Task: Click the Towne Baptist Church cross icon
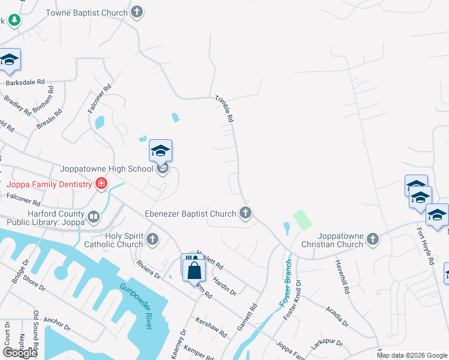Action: (137, 12)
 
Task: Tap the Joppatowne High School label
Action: (107, 169)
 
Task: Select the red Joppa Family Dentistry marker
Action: (101, 184)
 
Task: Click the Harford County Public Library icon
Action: (93, 217)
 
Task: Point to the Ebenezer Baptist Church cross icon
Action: (245, 212)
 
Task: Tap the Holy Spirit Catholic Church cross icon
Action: (152, 239)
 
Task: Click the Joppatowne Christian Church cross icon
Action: (372, 239)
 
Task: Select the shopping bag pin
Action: (195, 271)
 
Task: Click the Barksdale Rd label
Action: (25, 82)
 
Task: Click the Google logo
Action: (20, 352)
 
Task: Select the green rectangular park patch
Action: (302, 220)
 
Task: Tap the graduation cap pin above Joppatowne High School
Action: (160, 150)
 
